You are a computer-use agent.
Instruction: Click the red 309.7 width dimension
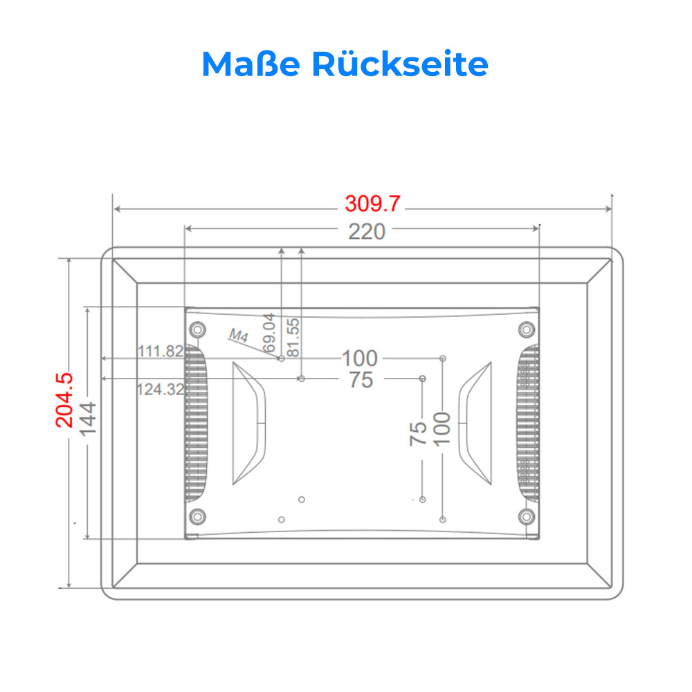pyautogui.click(x=372, y=204)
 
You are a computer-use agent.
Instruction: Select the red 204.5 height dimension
pyautogui.click(x=64, y=400)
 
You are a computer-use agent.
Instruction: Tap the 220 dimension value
pyautogui.click(x=367, y=232)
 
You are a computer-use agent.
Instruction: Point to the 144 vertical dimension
pyautogui.click(x=87, y=419)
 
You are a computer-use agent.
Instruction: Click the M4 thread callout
pyautogui.click(x=239, y=336)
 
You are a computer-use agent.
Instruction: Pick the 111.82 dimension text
pyautogui.click(x=161, y=352)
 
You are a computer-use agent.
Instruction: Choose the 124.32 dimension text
pyautogui.click(x=161, y=389)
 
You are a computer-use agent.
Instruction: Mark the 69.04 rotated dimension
pyautogui.click(x=268, y=334)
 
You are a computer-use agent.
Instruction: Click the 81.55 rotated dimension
pyautogui.click(x=293, y=337)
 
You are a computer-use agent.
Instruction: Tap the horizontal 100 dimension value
pyautogui.click(x=360, y=358)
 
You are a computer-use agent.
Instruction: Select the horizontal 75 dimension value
pyautogui.click(x=361, y=379)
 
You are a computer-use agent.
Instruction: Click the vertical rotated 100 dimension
pyautogui.click(x=441, y=430)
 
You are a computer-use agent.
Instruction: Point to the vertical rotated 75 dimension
pyautogui.click(x=418, y=434)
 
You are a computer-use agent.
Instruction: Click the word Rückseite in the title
pyautogui.click(x=400, y=64)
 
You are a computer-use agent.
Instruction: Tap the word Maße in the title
pyautogui.click(x=251, y=64)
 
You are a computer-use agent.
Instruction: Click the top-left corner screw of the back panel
pyautogui.click(x=197, y=329)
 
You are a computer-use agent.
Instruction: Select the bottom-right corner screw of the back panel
pyautogui.click(x=527, y=516)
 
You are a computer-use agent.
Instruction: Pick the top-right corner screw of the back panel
pyautogui.click(x=527, y=329)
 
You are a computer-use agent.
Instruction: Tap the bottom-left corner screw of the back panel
pyautogui.click(x=197, y=516)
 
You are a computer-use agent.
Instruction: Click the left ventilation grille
pyautogui.click(x=196, y=423)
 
